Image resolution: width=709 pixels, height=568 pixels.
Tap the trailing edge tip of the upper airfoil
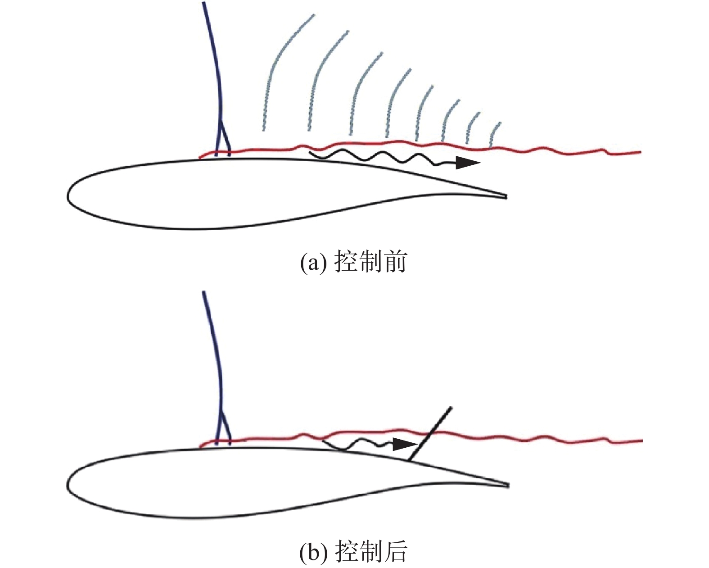coord(506,197)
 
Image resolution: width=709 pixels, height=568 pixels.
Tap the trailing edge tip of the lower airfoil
coord(508,485)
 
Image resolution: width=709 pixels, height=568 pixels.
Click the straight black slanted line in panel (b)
coord(429,434)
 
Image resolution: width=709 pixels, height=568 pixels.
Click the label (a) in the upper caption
coord(313,262)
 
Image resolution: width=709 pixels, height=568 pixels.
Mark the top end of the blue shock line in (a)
coord(204,3)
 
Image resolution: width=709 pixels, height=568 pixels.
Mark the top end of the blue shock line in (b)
coord(204,292)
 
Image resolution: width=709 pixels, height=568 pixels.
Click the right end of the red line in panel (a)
coord(641,152)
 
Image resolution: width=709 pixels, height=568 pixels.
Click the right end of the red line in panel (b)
coord(642,441)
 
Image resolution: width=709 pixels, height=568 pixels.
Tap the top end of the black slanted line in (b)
coord(452,408)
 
